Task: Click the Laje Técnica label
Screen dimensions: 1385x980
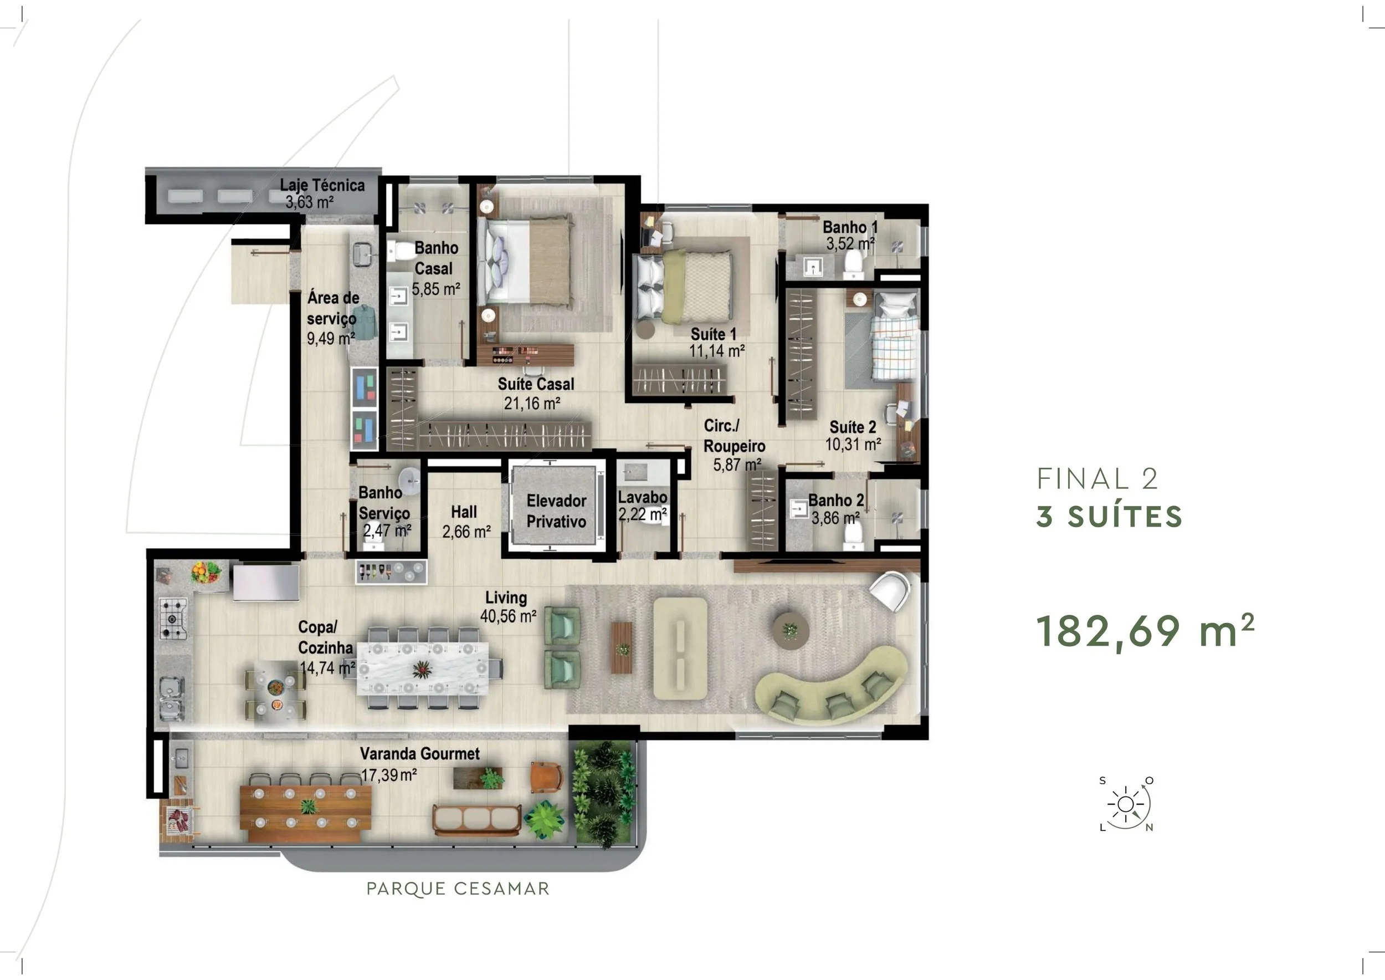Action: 322,185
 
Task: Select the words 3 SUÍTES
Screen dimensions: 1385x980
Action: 1109,517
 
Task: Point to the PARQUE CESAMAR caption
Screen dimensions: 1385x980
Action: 458,889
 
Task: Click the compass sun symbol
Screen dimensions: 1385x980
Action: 1125,804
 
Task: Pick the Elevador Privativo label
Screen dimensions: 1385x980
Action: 556,511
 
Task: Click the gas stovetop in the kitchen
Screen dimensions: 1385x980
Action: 173,618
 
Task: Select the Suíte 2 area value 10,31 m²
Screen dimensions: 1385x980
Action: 853,445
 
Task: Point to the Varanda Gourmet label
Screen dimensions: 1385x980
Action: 420,754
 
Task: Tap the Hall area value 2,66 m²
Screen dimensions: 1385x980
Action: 466,532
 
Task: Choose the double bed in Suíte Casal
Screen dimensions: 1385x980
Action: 524,261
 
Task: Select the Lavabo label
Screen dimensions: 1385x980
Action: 643,497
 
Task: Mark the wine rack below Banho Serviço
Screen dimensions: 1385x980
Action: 391,571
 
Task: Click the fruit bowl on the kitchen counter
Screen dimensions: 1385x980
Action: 206,571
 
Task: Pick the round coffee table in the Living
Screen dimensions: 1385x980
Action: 791,631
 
